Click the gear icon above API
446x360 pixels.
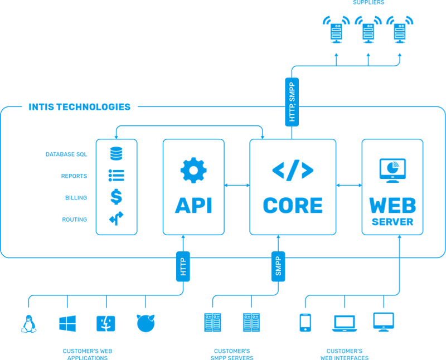point(193,170)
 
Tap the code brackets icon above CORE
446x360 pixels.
point(293,171)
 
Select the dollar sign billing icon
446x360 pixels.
point(117,197)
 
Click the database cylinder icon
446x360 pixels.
point(117,153)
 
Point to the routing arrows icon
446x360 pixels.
point(117,218)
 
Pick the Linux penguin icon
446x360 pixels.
point(29,324)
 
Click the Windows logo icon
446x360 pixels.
point(67,324)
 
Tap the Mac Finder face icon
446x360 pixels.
point(106,324)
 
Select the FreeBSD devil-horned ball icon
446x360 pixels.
point(146,323)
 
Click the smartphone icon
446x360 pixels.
point(305,323)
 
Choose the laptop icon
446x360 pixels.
point(345,323)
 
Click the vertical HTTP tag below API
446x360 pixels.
point(183,266)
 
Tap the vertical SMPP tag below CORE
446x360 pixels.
point(278,266)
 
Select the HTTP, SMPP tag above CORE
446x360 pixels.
point(292,102)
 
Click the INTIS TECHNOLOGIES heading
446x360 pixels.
point(80,107)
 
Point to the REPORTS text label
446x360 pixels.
point(74,176)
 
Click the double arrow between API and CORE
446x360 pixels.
point(237,186)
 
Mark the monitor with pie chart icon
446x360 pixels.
point(392,171)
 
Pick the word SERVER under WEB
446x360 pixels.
point(392,222)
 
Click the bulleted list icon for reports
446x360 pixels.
point(117,176)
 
